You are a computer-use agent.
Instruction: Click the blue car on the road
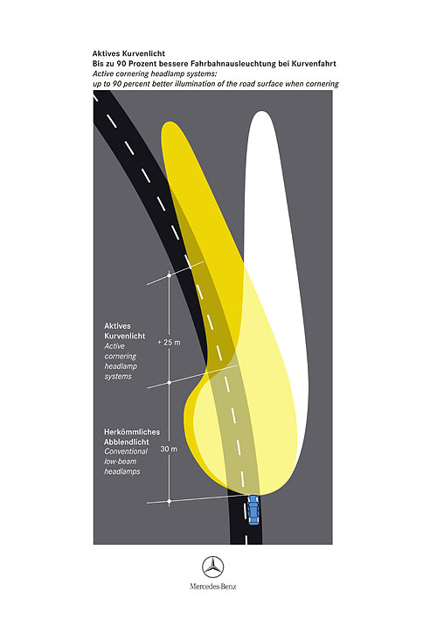(x=253, y=511)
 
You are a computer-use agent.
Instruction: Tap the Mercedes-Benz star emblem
(x=212, y=567)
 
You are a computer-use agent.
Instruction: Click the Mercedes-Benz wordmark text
(x=212, y=587)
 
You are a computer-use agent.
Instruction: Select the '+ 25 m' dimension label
(x=169, y=342)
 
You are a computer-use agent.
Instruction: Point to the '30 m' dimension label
(x=169, y=449)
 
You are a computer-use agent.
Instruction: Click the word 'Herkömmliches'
(x=132, y=432)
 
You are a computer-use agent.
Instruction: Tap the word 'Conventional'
(x=126, y=451)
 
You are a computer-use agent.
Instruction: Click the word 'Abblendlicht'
(x=127, y=442)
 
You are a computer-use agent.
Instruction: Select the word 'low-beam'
(x=121, y=461)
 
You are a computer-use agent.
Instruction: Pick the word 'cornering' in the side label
(x=121, y=356)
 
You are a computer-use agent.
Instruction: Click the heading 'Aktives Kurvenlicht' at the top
(x=128, y=53)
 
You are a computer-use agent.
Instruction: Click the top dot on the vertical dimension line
(x=170, y=275)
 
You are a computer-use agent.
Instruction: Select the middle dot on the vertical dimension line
(x=170, y=383)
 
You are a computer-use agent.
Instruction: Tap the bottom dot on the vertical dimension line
(x=170, y=501)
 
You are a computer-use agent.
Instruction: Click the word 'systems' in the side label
(x=118, y=376)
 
